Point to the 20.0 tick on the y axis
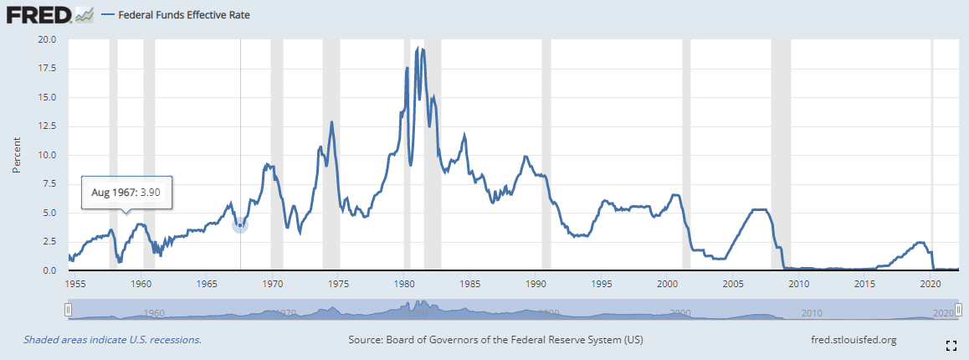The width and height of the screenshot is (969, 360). click(46, 39)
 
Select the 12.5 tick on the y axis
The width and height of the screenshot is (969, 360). click(46, 126)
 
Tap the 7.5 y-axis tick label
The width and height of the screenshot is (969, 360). click(49, 184)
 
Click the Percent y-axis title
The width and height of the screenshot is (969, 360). click(17, 155)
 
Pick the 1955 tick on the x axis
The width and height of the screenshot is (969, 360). click(75, 284)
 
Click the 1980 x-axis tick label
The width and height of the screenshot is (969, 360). click(404, 284)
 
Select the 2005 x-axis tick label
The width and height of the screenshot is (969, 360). click(734, 284)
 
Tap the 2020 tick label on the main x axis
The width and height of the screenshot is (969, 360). click(931, 284)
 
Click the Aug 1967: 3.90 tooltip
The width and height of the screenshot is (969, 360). click(126, 193)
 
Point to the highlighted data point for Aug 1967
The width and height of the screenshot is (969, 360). click(240, 225)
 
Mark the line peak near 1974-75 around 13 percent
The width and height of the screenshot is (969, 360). click(331, 122)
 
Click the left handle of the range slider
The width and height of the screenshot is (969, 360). click(69, 311)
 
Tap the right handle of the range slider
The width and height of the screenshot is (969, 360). click(956, 311)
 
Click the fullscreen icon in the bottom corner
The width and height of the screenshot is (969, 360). click(951, 345)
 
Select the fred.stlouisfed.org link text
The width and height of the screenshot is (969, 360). click(854, 340)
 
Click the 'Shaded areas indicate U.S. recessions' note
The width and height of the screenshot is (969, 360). click(112, 340)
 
